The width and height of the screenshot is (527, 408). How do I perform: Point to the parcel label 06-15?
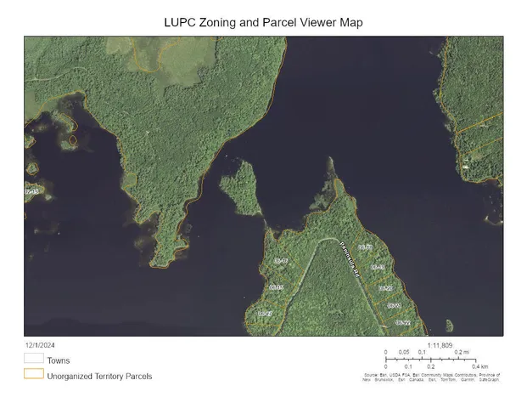pos(276,288)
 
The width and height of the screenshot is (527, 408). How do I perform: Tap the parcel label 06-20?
pos(384,288)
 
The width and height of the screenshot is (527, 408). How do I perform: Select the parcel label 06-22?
pos(401,323)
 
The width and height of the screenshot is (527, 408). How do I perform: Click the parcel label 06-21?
pos(393,305)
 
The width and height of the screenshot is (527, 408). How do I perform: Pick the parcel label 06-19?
pos(378,267)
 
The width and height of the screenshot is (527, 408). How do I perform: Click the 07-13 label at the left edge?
pos(31,193)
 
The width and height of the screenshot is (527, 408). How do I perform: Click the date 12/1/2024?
pos(41,345)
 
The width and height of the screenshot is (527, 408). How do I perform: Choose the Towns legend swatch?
pos(33,359)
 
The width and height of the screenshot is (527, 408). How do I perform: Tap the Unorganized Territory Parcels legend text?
pos(99,375)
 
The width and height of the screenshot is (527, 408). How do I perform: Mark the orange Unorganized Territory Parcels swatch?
pos(33,373)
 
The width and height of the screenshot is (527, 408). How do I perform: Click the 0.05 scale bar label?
pos(404,352)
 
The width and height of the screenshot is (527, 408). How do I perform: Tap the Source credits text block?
pos(431,377)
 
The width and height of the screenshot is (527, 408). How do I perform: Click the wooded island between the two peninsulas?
pos(240,188)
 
